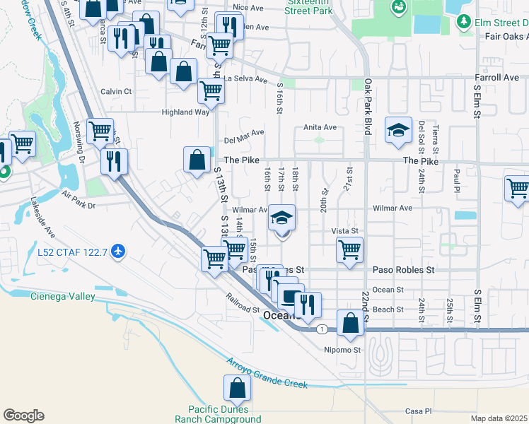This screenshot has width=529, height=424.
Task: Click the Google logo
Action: coord(23,416)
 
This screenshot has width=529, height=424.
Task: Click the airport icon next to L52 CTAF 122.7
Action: coord(118,251)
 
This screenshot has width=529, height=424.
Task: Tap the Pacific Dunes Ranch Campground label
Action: coord(224,414)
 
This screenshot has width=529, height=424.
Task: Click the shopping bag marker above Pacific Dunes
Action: coord(237,389)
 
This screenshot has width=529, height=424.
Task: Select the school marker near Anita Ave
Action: coord(398,131)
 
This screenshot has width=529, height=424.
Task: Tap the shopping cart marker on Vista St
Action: coord(349,249)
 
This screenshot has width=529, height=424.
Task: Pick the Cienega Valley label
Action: coord(62,297)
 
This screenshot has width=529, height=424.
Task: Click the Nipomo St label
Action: coord(342,349)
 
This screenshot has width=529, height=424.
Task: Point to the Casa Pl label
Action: coord(419,411)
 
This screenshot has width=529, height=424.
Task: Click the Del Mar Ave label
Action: coord(244,132)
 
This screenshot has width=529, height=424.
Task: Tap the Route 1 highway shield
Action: coord(322,329)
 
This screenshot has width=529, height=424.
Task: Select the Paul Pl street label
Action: coord(458,175)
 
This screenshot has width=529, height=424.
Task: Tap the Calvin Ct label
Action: coord(116,91)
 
